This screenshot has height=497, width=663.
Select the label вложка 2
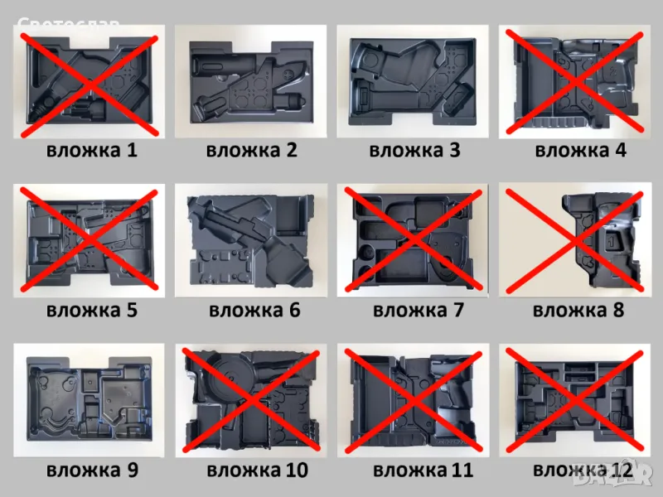pyautogui.click(x=251, y=151)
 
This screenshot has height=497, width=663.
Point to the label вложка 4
pyautogui.click(x=581, y=151)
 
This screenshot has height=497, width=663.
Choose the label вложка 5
pyautogui.click(x=92, y=311)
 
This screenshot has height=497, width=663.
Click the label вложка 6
pyautogui.click(x=254, y=311)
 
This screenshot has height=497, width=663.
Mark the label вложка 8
pyautogui.click(x=578, y=311)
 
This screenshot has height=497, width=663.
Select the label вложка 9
pyautogui.click(x=92, y=470)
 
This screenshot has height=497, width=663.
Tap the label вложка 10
pyautogui.click(x=257, y=470)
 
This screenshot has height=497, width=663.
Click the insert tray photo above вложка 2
pyautogui.click(x=250, y=81)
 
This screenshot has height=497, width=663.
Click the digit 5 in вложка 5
pyautogui.click(x=130, y=311)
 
